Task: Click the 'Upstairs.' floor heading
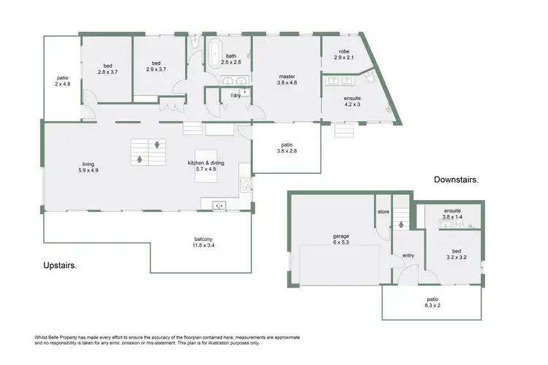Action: [61, 265]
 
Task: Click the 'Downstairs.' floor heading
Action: [456, 179]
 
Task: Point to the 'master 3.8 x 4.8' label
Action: [286, 79]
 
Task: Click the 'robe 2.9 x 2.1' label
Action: [344, 54]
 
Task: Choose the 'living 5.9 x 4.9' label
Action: [88, 167]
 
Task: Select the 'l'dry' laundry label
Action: [236, 96]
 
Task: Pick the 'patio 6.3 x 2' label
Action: [432, 302]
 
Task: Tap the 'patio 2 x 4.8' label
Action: [62, 81]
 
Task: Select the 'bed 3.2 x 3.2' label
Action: [456, 254]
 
